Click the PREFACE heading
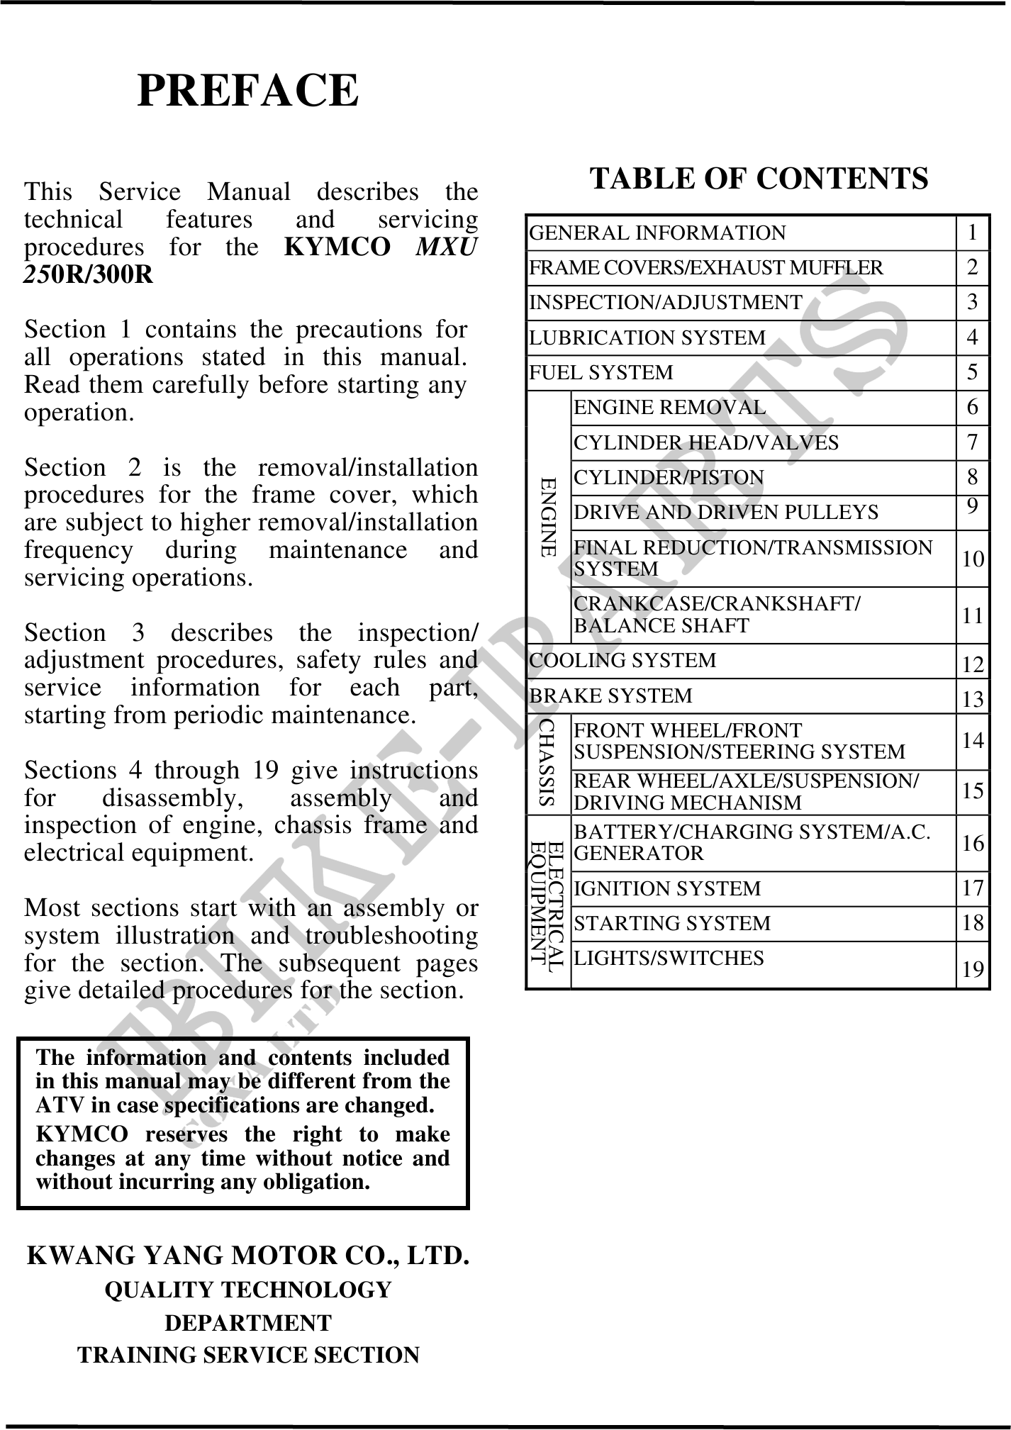point(247,91)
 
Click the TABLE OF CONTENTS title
point(759,178)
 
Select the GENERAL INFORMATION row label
point(658,233)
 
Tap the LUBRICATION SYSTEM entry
point(647,337)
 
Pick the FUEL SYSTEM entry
point(601,372)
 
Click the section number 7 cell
point(972,442)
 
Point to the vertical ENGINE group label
point(548,517)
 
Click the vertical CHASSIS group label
point(547,763)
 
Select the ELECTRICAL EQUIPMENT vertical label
point(548,902)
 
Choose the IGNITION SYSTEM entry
point(666,888)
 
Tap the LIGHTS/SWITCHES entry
point(669,959)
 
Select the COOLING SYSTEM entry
point(623,661)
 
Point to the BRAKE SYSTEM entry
point(610,696)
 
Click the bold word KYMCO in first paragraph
point(337,247)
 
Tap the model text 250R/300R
point(89,274)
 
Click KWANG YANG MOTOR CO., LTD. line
point(247,1255)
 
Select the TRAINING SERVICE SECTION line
point(248,1355)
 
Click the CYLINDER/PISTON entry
point(669,478)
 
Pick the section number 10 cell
point(973,559)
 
